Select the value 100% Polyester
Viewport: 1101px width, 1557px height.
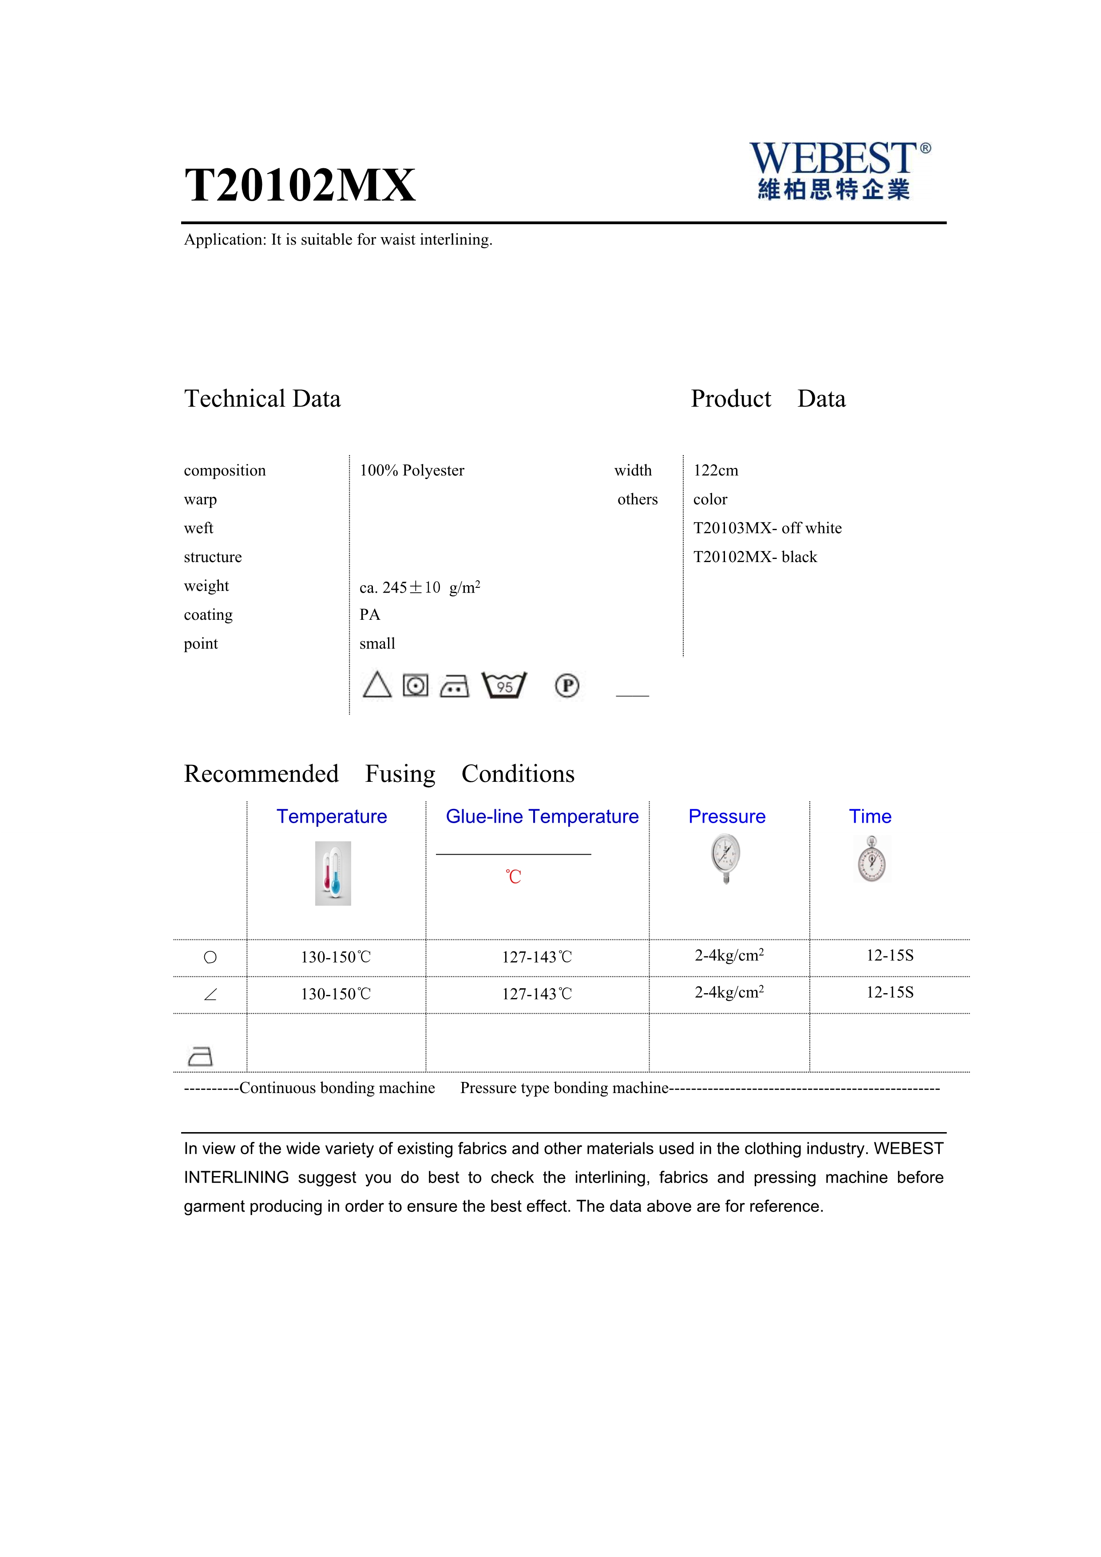click(412, 471)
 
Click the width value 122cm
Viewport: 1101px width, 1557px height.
click(715, 471)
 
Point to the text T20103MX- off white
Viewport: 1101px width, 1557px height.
click(767, 528)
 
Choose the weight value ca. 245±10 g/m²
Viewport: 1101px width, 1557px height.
click(420, 587)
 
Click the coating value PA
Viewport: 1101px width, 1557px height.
click(369, 615)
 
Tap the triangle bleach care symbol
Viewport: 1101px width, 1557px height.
click(377, 685)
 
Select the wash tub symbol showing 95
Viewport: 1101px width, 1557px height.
click(504, 685)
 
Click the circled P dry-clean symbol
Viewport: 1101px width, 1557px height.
click(567, 685)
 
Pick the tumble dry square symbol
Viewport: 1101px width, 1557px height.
click(416, 685)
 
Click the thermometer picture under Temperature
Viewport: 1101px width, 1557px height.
click(333, 873)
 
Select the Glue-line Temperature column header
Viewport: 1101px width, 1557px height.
click(542, 816)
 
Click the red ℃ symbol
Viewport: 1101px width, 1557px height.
click(513, 877)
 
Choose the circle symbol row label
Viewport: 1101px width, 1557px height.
click(210, 958)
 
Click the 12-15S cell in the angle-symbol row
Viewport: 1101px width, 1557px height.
click(890, 993)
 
